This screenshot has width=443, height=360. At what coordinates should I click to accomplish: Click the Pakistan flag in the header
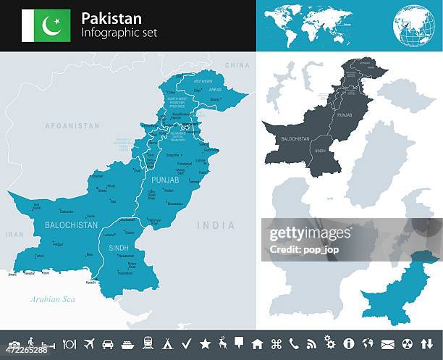coord(46,25)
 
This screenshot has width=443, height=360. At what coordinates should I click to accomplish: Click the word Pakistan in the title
coord(112,17)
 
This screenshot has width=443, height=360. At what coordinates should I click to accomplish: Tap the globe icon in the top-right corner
coord(414,26)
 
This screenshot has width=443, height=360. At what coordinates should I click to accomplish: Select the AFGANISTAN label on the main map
coord(72,125)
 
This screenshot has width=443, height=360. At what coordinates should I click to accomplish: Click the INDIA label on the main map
coord(216,225)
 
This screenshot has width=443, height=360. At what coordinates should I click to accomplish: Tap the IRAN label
coord(14,235)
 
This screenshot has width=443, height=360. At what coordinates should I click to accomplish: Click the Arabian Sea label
coord(52,298)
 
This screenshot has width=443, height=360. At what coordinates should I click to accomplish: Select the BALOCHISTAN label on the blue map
coord(71,225)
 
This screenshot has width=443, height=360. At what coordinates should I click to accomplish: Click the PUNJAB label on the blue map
coord(165,178)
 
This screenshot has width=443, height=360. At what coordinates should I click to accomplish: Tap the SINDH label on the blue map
coord(119,247)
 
